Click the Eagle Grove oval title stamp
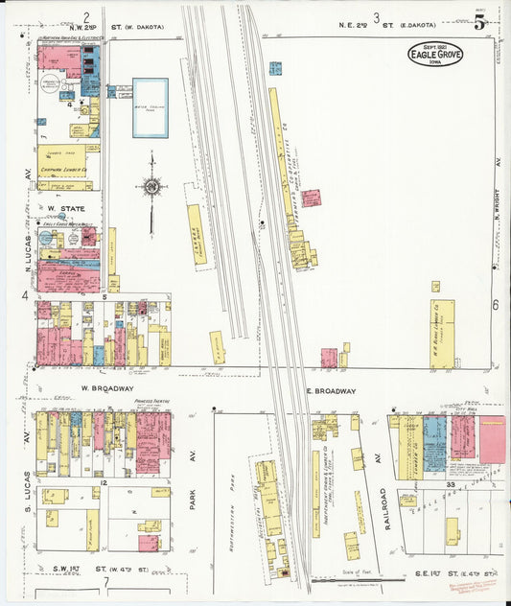(x=434, y=54)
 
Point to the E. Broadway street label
(x=331, y=391)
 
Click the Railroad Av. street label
(x=381, y=507)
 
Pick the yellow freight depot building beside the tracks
(x=196, y=233)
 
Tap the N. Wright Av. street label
(x=498, y=217)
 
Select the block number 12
(x=101, y=481)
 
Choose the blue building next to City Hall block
(x=434, y=440)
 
